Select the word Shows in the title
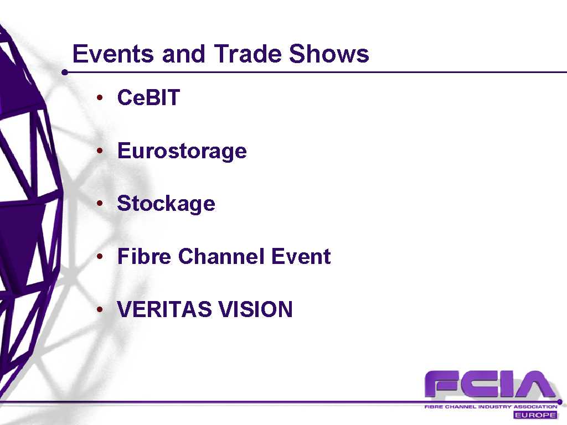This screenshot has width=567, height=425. [x=329, y=54]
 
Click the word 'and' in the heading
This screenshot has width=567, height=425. [x=184, y=54]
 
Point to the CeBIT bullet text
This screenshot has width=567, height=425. [x=148, y=97]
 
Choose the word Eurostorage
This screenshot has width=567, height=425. [x=182, y=151]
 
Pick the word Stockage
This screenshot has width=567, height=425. [x=166, y=204]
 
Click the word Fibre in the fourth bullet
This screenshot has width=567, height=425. [x=143, y=256]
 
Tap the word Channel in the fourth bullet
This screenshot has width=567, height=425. [x=221, y=256]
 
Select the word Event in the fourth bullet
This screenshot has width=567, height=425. [x=301, y=256]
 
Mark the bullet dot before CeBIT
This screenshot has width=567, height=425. [x=100, y=97]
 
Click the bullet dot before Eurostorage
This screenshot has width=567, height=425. [x=100, y=151]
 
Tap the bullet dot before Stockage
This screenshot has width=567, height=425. [x=100, y=204]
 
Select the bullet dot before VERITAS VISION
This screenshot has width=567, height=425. [x=100, y=309]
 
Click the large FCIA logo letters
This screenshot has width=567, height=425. [x=490, y=385]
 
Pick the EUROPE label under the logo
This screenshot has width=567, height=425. [x=535, y=414]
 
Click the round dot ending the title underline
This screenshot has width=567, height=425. [x=65, y=72]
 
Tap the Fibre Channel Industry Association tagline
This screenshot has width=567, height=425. [x=491, y=407]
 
